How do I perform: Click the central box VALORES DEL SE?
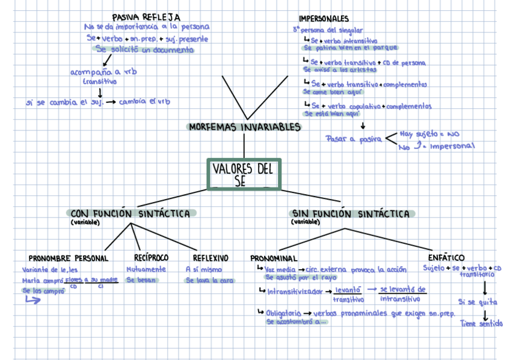point(244,174)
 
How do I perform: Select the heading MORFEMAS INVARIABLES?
point(244,127)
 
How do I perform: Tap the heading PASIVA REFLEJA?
point(146,17)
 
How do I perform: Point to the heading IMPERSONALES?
point(324,19)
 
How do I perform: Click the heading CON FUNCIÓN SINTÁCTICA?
point(131,213)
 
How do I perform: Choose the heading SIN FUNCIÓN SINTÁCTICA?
point(351,213)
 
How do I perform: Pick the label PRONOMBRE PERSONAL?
point(69,258)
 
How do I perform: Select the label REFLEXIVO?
point(206,258)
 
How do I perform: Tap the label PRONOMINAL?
point(274,258)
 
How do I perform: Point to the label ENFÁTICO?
point(446,257)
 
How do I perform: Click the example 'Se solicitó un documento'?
point(144,50)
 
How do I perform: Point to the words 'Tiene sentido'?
point(481,323)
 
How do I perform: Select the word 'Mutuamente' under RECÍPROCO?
point(146,269)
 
